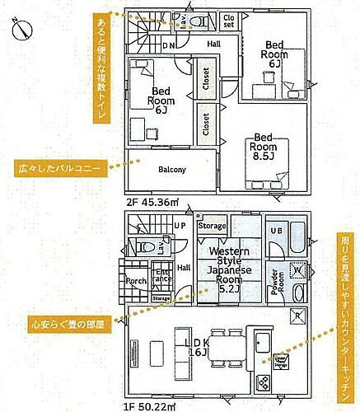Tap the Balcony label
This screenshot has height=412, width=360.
(171, 170)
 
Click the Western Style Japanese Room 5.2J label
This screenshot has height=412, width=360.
(223, 269)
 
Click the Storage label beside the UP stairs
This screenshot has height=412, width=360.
(212, 226)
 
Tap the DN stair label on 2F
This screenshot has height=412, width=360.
(168, 46)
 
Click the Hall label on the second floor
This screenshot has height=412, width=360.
(213, 44)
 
